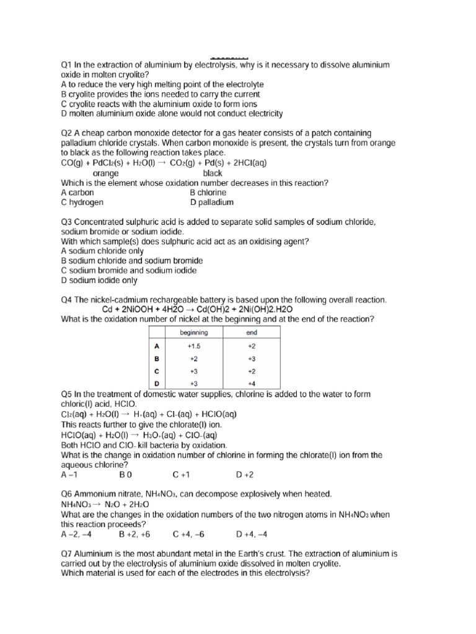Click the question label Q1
click(66, 65)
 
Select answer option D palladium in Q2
click(212, 202)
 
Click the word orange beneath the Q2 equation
click(105, 173)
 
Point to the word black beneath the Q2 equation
click(213, 173)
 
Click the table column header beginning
click(194, 332)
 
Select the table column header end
click(252, 332)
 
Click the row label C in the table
click(157, 371)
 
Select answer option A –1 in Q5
click(69, 475)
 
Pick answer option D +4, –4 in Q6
click(252, 534)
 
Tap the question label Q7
click(66, 554)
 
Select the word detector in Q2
click(183, 133)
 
